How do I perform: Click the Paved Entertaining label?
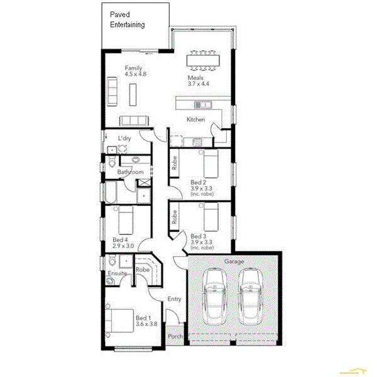point(128,19)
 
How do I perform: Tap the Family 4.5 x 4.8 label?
point(135,71)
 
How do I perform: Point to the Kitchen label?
point(195,119)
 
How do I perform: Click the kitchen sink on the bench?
point(202,104)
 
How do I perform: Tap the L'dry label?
point(124,138)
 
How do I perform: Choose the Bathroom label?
point(131,172)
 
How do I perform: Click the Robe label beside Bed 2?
point(174,163)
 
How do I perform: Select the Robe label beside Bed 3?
point(174,216)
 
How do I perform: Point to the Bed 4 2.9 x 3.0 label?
point(124,243)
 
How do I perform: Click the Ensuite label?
point(117,274)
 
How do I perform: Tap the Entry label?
point(174,299)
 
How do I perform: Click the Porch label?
point(175,337)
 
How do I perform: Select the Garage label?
point(234,261)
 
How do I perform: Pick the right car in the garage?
point(251,295)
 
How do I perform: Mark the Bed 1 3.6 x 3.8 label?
point(146,321)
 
